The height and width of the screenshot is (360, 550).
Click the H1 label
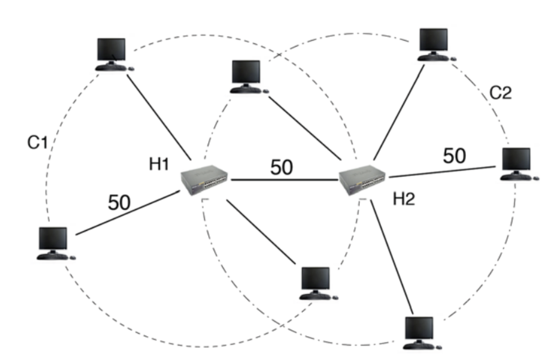(x=159, y=164)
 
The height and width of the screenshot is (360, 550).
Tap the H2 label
(x=404, y=199)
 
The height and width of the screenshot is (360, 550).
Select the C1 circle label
(x=37, y=142)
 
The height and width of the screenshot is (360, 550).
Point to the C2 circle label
(x=500, y=93)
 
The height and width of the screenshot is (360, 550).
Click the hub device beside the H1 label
(x=204, y=180)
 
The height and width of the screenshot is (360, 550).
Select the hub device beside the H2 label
(x=362, y=180)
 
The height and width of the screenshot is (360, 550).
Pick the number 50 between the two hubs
(x=282, y=167)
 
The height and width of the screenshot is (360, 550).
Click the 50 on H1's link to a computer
(x=119, y=202)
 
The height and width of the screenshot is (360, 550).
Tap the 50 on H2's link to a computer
(x=455, y=156)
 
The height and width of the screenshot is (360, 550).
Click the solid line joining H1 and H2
(x=284, y=180)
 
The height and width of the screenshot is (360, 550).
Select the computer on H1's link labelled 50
(x=56, y=243)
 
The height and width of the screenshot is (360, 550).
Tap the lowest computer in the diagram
(x=423, y=333)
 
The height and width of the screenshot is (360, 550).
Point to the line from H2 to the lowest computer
(x=392, y=257)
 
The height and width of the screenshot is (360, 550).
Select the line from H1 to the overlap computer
(x=261, y=232)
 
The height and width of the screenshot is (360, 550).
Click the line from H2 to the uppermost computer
(x=399, y=112)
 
